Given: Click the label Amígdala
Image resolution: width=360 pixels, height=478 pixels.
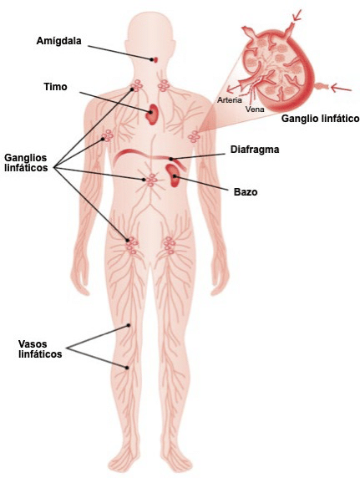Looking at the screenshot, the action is tap(58, 41).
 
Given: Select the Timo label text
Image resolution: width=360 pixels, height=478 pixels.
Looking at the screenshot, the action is tap(55, 87).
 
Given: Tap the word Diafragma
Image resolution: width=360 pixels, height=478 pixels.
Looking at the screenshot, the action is tap(255, 150).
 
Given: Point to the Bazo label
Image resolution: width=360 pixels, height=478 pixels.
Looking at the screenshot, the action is tap(246, 192).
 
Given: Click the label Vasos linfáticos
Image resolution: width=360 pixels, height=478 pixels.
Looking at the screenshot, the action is tap(40, 349).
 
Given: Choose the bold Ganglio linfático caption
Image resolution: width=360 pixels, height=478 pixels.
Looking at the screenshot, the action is tap(321, 119).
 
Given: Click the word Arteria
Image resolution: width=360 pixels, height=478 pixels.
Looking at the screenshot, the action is tap(229, 99).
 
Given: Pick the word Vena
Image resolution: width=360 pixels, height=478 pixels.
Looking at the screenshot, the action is tap(255, 109).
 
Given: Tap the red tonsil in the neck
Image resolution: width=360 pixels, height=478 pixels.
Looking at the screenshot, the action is tap(155, 60).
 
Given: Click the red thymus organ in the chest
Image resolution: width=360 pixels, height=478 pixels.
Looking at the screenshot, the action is tap(153, 114).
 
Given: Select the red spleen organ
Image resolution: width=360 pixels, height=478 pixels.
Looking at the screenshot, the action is tap(173, 175).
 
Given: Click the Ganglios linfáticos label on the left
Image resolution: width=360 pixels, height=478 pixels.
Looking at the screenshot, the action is tap(26, 163).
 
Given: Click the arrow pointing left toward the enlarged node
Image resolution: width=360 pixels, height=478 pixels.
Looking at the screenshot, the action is tap(341, 88).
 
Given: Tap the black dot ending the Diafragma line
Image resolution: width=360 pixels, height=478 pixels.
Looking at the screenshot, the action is tap(171, 159).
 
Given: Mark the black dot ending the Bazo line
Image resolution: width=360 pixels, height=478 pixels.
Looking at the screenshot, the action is tap(175, 175).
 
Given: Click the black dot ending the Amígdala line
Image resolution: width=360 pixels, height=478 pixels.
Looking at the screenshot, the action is tap(151, 59).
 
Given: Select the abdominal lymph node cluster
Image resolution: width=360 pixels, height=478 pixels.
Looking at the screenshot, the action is tap(151, 181).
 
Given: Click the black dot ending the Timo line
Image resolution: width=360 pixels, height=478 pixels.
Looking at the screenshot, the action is tap(150, 112).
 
